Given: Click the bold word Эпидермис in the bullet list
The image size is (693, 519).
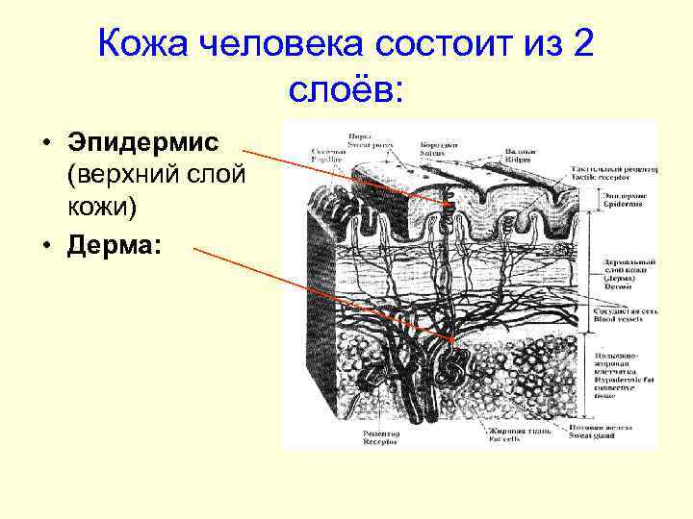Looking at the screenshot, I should [143, 143].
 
